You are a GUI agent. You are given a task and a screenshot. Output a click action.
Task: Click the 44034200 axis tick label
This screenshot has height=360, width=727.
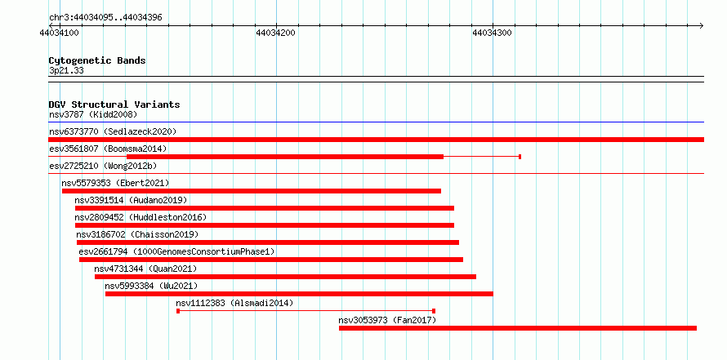pyautogui.click(x=275, y=33)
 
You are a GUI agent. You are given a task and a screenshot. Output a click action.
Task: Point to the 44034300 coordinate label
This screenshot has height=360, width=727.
pyautogui.click(x=492, y=33)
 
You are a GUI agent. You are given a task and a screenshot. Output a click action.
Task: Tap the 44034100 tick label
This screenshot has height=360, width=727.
pyautogui.click(x=60, y=33)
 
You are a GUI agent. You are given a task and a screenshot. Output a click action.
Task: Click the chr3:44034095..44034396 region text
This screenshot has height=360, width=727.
pyautogui.click(x=105, y=18)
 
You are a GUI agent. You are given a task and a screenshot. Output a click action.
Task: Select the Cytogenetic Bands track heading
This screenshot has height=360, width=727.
pyautogui.click(x=97, y=60)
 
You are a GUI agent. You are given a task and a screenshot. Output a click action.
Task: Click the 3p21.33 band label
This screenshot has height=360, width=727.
pyautogui.click(x=66, y=71)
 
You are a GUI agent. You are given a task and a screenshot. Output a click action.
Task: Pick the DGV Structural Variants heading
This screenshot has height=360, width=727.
pyautogui.click(x=114, y=104)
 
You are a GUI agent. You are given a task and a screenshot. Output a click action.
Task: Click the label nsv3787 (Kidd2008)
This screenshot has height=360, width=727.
pyautogui.click(x=93, y=114)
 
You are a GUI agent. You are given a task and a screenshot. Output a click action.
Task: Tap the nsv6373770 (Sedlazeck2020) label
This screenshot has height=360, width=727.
pyautogui.click(x=113, y=131)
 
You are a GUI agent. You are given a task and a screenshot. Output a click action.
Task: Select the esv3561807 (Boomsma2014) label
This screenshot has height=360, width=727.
pyautogui.click(x=108, y=149)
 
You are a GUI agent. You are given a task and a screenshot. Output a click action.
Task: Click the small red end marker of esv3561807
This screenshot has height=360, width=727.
pyautogui.click(x=520, y=157)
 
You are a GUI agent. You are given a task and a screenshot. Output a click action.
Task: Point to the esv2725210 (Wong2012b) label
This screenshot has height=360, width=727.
pyautogui.click(x=106, y=166)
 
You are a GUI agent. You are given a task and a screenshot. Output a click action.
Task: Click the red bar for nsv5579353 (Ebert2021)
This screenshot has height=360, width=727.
pyautogui.click(x=252, y=191)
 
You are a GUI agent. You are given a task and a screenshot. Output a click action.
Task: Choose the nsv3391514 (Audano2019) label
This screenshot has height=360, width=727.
pyautogui.click(x=131, y=200)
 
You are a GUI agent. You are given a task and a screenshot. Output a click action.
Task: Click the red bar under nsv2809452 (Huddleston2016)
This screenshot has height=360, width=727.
pyautogui.click(x=265, y=225)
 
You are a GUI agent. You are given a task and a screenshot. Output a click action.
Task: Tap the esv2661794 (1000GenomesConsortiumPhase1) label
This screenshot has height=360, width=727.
pyautogui.click(x=176, y=251)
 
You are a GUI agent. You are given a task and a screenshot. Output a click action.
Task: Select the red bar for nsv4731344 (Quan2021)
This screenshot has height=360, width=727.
pyautogui.click(x=285, y=277)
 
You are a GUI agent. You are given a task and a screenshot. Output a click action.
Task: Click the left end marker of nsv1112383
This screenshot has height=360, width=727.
pyautogui.click(x=178, y=311)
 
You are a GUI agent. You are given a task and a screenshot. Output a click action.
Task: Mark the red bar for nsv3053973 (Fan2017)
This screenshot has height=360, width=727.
pyautogui.click(x=517, y=328)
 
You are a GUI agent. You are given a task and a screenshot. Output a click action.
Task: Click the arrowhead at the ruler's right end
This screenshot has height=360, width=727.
pyautogui.click(x=702, y=25)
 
